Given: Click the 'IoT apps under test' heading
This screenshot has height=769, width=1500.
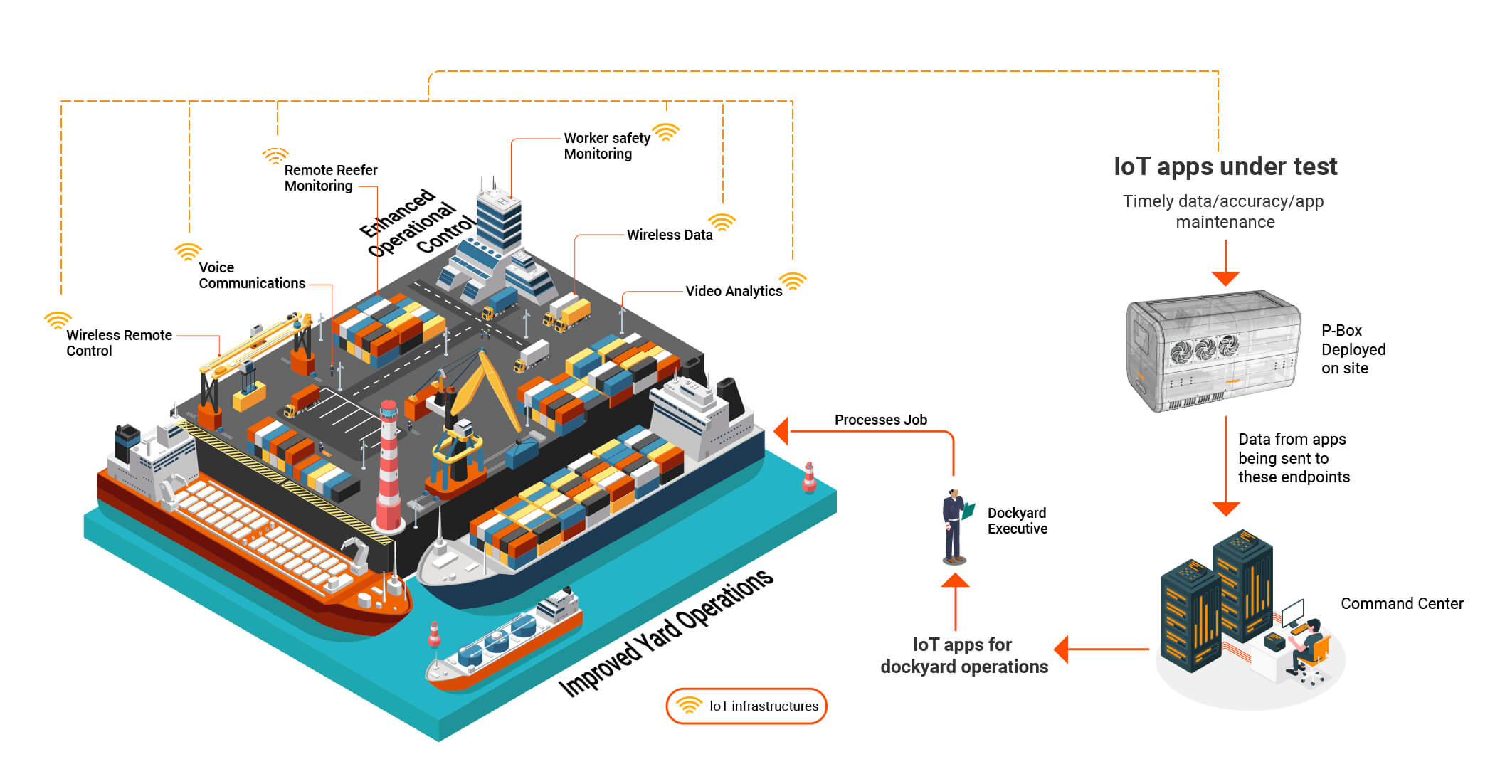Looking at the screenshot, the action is tap(1225, 166).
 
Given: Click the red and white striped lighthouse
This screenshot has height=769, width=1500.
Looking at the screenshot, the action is tap(389, 467).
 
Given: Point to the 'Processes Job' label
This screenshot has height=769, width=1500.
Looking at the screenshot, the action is tap(881, 420).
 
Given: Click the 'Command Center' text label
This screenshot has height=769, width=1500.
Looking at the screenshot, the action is tap(1402, 603).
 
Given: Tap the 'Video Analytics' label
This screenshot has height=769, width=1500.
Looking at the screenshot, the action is tap(734, 291).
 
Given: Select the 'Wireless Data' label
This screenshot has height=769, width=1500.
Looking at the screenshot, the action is tap(670, 235).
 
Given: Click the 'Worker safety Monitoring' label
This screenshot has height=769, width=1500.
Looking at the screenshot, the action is tap(607, 146).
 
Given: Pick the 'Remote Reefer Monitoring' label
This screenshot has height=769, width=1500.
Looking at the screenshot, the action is tap(331, 178).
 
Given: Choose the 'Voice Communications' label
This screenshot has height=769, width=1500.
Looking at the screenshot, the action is tap(252, 275).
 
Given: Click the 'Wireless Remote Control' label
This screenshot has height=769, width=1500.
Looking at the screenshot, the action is tap(119, 343).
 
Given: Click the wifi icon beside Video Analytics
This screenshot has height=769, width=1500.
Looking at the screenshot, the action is tap(793, 280).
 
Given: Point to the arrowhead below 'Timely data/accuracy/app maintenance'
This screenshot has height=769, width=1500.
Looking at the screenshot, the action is tap(1225, 278).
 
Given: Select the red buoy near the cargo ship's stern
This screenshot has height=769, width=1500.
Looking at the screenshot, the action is tap(809, 477).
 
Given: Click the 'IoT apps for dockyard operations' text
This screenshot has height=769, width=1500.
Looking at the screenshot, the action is tap(964, 656).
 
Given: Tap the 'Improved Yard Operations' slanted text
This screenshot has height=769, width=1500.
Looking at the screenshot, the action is tap(666, 632).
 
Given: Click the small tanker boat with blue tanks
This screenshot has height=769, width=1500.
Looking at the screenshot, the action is tap(504, 639).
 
